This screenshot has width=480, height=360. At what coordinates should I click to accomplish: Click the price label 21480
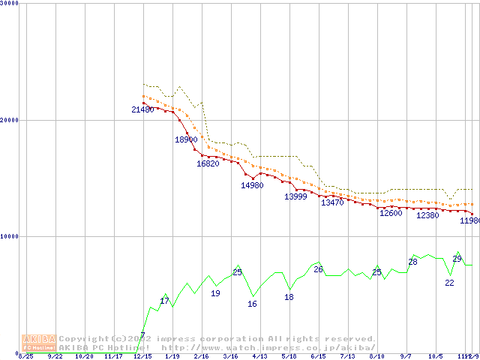click(142, 110)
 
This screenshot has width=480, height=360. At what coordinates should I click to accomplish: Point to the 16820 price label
click(208, 163)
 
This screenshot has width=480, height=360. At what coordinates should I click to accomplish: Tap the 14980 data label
click(252, 185)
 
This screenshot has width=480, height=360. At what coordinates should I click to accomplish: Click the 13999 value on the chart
click(295, 196)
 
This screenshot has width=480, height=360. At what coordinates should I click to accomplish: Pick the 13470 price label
click(332, 202)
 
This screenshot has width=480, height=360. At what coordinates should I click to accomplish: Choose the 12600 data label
click(391, 213)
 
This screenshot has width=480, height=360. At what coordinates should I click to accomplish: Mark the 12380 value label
click(427, 215)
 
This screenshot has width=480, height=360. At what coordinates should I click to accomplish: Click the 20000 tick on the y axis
click(10, 120)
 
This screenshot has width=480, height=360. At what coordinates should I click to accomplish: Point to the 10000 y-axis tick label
click(10, 236)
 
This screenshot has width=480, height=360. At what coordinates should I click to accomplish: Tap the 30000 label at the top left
click(10, 4)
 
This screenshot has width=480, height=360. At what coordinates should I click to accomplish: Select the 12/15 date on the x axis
click(142, 357)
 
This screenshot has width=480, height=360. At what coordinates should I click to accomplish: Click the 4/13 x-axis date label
click(259, 357)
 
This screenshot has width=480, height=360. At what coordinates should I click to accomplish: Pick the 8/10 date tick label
click(377, 357)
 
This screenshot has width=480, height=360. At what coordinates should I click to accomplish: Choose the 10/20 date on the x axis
click(84, 357)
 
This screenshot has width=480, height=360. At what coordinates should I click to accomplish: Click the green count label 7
click(142, 334)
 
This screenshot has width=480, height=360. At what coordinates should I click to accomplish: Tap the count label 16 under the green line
click(252, 304)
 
